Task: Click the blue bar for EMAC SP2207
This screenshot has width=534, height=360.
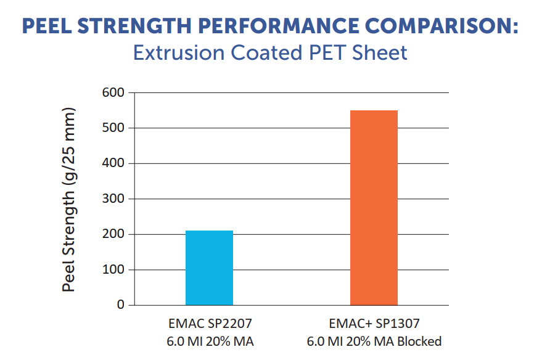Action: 210,268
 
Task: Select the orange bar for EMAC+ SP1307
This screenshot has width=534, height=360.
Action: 374,208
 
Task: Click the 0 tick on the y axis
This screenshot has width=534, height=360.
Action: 121,305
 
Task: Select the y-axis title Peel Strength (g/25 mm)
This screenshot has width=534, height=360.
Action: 69,200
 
